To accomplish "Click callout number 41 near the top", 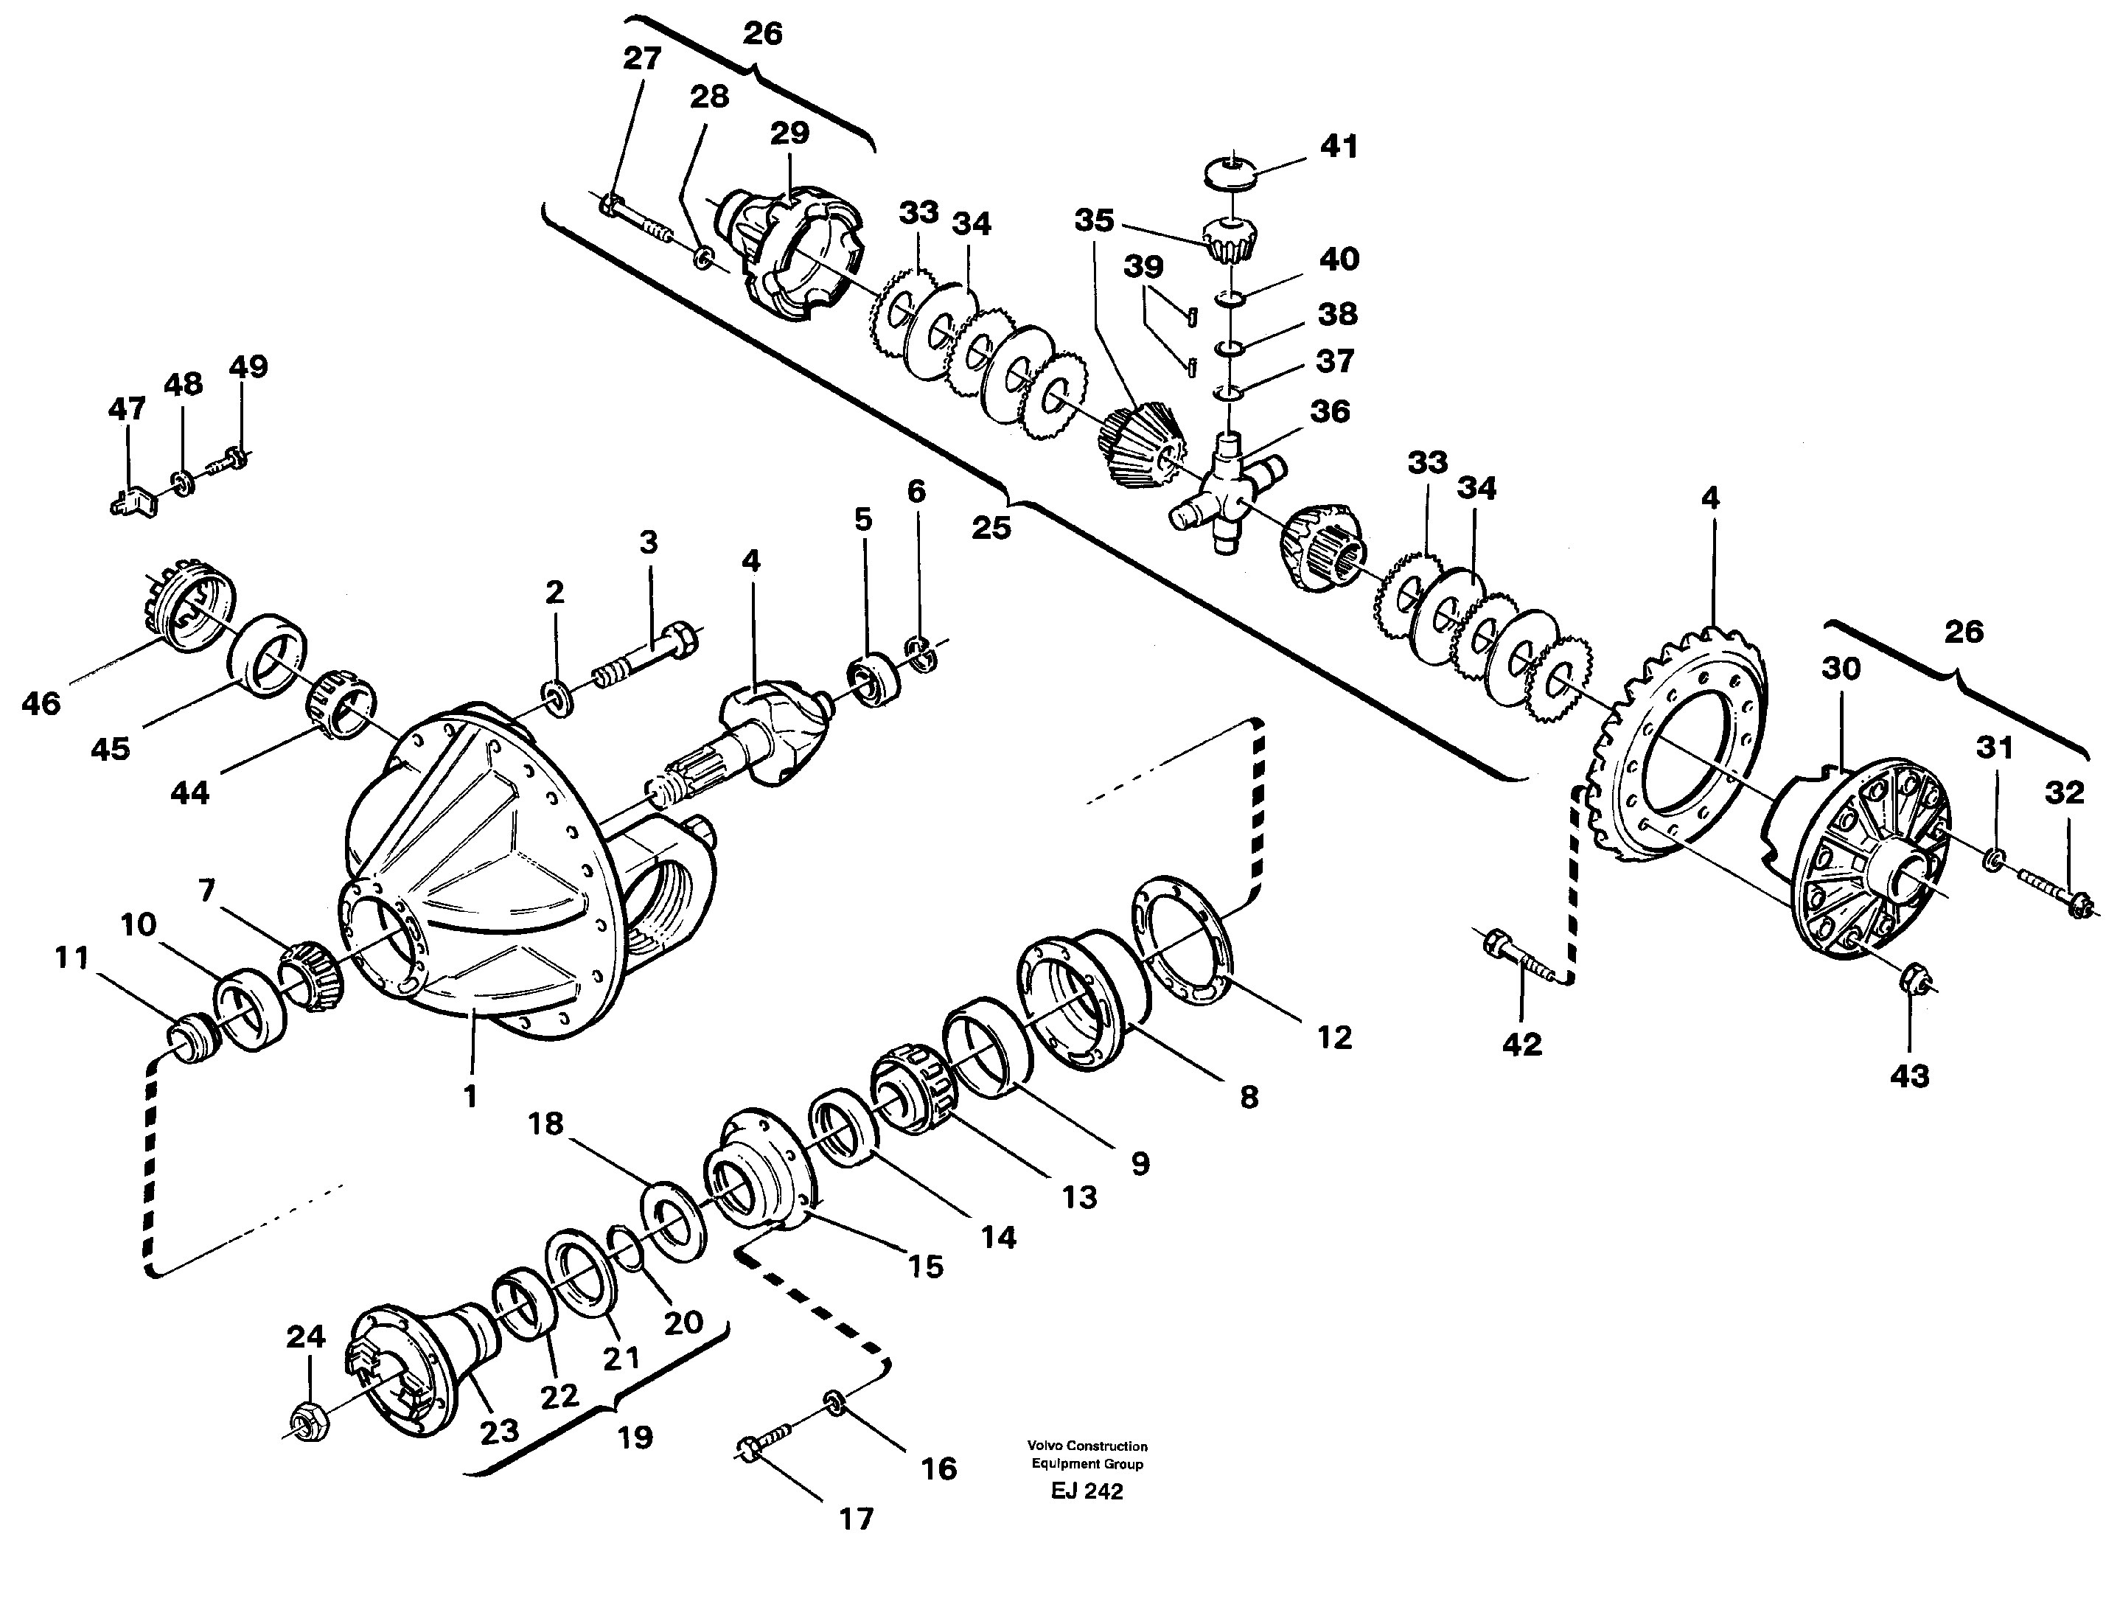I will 1338,147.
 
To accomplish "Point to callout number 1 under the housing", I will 470,1096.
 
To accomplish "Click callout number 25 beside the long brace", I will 991,526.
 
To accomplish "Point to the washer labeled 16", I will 833,1406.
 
